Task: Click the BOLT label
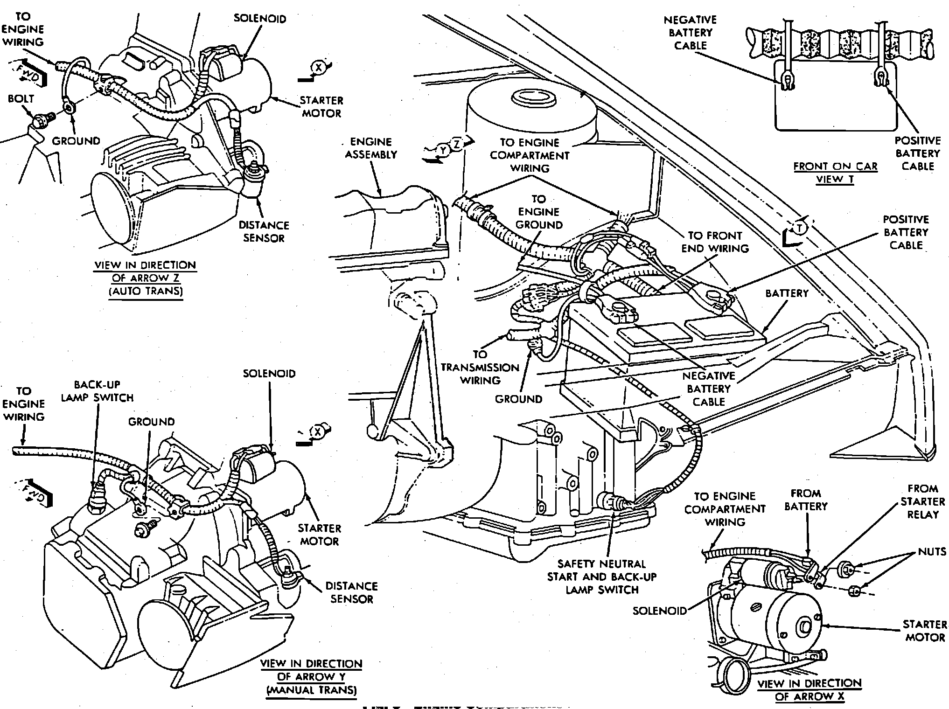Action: click(x=21, y=99)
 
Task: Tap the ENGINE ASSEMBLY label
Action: click(x=370, y=148)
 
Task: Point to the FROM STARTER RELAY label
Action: click(x=922, y=501)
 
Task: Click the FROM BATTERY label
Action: click(x=806, y=500)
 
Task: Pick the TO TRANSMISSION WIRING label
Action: click(x=480, y=368)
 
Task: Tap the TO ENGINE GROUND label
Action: click(x=539, y=212)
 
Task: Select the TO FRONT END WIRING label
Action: click(x=715, y=242)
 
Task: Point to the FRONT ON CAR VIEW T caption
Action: click(x=835, y=173)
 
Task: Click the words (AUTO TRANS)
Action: click(x=146, y=291)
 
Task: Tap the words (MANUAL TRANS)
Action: click(x=311, y=689)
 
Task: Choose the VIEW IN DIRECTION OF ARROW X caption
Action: click(x=809, y=690)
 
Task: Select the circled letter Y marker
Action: click(x=444, y=149)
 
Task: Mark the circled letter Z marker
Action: click(x=457, y=145)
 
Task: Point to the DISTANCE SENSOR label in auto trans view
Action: click(x=264, y=231)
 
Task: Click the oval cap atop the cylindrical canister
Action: click(x=532, y=97)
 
